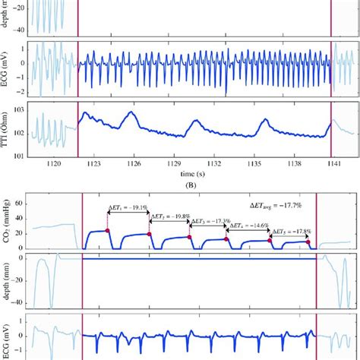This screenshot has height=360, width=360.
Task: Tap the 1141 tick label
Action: pyautogui.click(x=331, y=163)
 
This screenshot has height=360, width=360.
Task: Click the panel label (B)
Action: pyautogui.click(x=181, y=184)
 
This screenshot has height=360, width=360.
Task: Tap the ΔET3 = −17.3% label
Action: pyautogui.click(x=209, y=222)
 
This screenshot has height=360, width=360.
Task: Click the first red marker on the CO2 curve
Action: pyautogui.click(x=108, y=230)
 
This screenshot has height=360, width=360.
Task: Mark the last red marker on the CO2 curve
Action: pyautogui.click(x=308, y=242)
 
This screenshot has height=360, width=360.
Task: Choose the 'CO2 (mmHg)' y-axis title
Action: pyautogui.click(x=9, y=221)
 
